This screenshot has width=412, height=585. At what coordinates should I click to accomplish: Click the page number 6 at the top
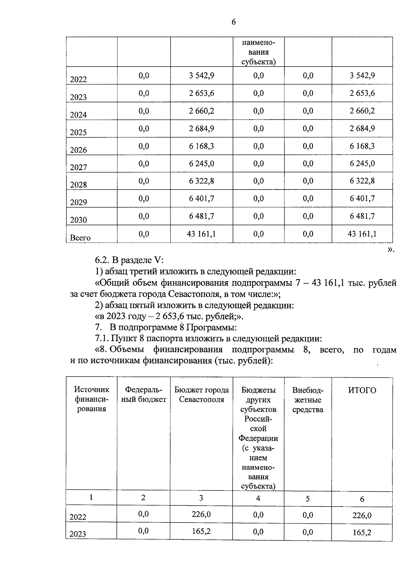[233, 22]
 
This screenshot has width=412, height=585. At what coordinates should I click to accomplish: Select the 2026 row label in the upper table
[78, 150]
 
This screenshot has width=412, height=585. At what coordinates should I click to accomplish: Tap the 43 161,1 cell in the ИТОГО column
[362, 234]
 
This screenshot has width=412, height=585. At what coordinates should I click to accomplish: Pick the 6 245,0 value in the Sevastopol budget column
[202, 164]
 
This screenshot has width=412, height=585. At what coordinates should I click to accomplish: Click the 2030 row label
[78, 220]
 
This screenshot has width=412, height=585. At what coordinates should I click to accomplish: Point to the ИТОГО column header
[362, 390]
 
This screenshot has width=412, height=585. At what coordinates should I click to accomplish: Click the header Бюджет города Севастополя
[202, 395]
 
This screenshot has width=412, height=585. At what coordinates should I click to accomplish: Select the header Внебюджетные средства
[308, 400]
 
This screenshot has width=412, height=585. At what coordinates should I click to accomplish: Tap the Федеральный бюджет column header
[144, 395]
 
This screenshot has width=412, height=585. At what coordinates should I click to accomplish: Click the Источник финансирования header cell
[91, 399]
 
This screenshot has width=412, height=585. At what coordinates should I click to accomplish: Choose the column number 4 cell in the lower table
[258, 498]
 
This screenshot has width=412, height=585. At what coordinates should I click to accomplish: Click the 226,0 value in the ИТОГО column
[362, 515]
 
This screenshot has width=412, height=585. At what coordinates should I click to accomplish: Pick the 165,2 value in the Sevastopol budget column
[202, 531]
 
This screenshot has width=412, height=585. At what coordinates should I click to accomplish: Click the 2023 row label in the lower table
[78, 534]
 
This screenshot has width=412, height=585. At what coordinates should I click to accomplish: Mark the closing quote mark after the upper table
[391, 250]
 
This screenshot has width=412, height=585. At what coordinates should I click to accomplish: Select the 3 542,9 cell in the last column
[362, 76]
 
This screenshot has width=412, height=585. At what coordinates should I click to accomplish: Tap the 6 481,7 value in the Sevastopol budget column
[202, 216]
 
